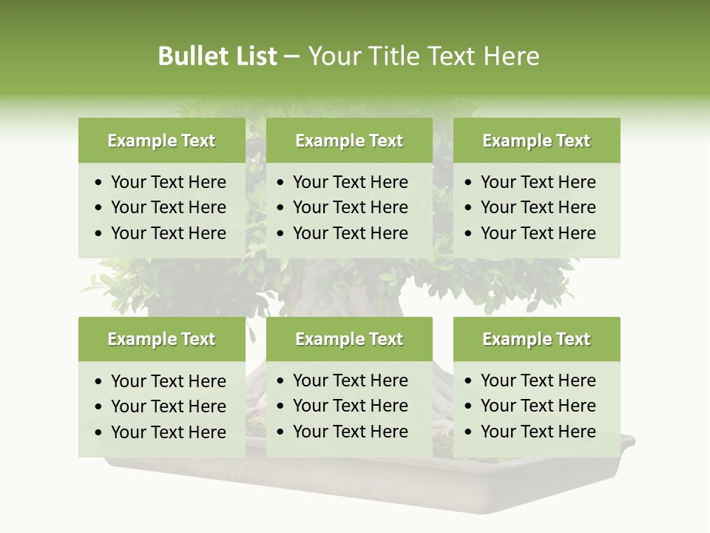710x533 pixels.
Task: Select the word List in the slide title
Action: click(254, 56)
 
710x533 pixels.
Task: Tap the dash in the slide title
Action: click(291, 57)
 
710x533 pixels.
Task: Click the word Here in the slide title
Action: click(511, 56)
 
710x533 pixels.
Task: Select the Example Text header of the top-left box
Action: click(161, 141)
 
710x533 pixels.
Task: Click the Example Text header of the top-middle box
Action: click(349, 141)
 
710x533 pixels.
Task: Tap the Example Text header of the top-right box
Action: click(536, 141)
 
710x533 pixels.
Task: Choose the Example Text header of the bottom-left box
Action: click(161, 339)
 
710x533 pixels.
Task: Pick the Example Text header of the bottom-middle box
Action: click(349, 339)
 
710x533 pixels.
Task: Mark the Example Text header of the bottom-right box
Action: click(536, 339)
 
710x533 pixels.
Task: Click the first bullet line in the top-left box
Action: click(168, 182)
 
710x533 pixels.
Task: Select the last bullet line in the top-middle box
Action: click(350, 233)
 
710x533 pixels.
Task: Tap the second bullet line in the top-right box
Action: click(538, 207)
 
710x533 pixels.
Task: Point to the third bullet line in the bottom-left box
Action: click(168, 432)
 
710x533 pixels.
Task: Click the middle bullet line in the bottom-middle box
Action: click(350, 406)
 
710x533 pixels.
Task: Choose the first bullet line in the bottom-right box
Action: click(538, 381)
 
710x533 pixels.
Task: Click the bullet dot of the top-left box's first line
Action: click(99, 183)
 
